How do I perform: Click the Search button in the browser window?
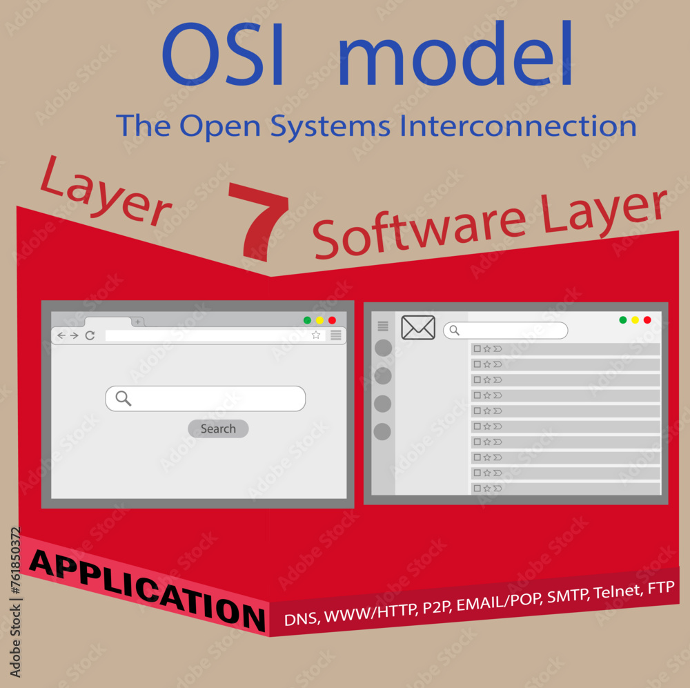[x=218, y=429]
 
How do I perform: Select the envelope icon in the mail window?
[x=418, y=328]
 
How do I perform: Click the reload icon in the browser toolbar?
[x=90, y=335]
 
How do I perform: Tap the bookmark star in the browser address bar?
[x=316, y=335]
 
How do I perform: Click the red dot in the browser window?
[x=332, y=320]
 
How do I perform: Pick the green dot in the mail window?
[x=623, y=320]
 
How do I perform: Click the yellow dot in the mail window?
[x=635, y=320]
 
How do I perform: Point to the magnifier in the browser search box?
[x=123, y=398]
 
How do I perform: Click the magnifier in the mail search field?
[x=454, y=331]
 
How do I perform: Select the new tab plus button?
[x=138, y=322]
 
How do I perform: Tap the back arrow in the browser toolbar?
[x=61, y=335]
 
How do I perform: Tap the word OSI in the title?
[x=223, y=55]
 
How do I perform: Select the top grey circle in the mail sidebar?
[x=383, y=348]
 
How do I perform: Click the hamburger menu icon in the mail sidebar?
[x=383, y=326]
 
